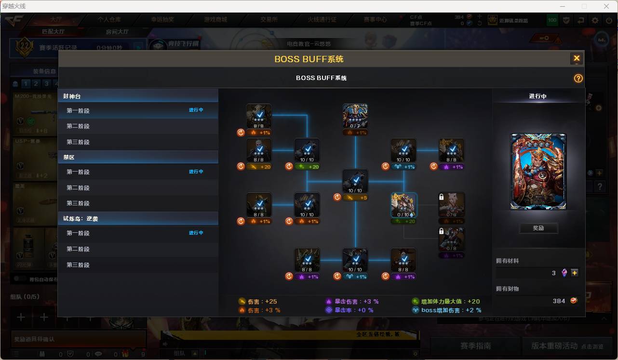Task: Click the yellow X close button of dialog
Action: tap(576, 59)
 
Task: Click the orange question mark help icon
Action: tap(578, 78)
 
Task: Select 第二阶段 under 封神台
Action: tap(78, 126)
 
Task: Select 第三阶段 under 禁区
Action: tap(78, 203)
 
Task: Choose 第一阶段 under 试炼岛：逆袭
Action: tap(78, 233)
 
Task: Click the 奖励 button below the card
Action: tap(538, 228)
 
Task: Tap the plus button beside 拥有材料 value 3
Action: tap(575, 273)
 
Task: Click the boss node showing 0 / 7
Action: tap(355, 116)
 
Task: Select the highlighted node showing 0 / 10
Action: tap(403, 205)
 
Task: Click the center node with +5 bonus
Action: tap(355, 181)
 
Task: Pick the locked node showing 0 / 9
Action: tap(452, 205)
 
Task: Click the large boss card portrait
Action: tap(538, 172)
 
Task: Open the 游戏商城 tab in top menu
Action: tap(215, 20)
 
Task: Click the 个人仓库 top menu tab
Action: tap(109, 20)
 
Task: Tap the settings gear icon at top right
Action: tap(595, 20)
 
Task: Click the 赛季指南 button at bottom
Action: tap(475, 346)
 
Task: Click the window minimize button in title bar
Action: tap(562, 6)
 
